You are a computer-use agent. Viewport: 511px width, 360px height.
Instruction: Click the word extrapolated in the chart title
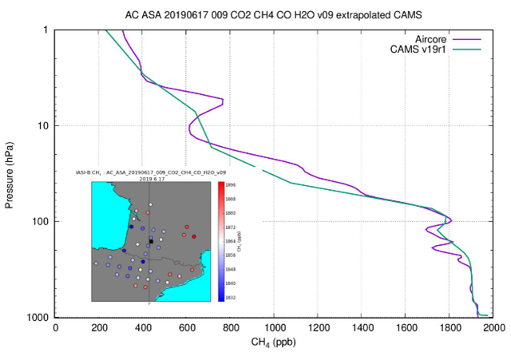coord(351,14)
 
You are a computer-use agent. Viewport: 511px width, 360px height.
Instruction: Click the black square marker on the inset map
coord(150,242)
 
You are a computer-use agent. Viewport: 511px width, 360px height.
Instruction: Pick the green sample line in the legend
coord(471,50)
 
